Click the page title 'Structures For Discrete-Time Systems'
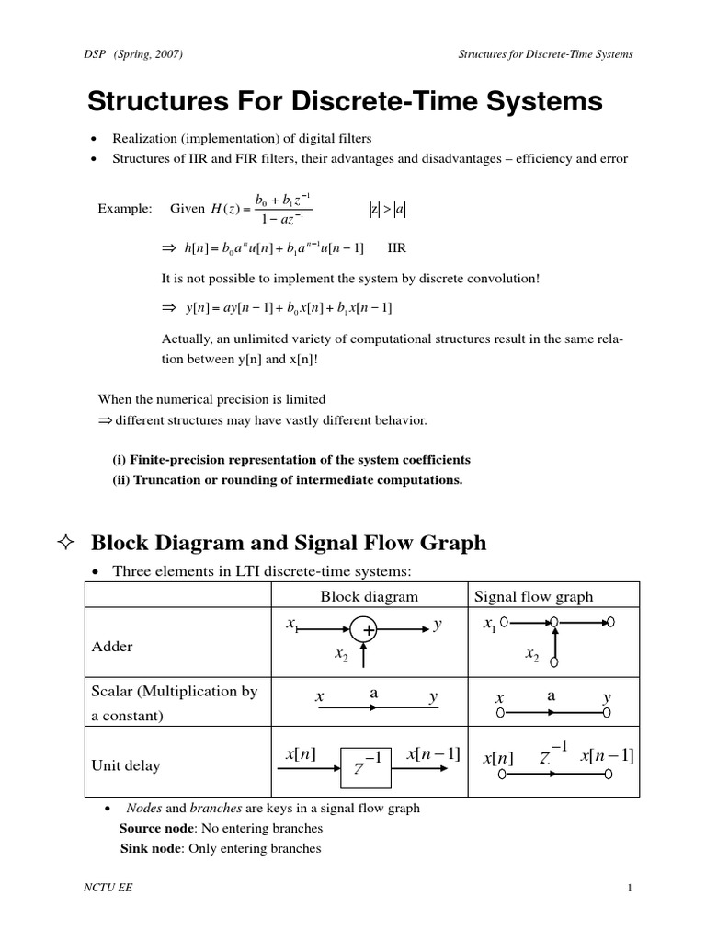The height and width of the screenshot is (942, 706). pyautogui.click(x=345, y=102)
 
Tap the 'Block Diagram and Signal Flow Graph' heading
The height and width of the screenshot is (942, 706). pyautogui.click(x=288, y=543)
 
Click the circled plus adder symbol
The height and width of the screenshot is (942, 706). pyautogui.click(x=365, y=630)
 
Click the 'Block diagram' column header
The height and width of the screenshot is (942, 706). pyautogui.click(x=369, y=596)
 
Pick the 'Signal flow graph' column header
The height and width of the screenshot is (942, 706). pyautogui.click(x=533, y=596)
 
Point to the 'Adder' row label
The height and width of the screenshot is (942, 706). pyautogui.click(x=112, y=646)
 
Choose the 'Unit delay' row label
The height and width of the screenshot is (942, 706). pyautogui.click(x=125, y=764)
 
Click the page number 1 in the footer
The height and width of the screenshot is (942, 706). pyautogui.click(x=630, y=888)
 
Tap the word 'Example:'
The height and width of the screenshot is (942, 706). pyautogui.click(x=124, y=209)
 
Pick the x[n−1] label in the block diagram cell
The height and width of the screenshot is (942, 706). pyautogui.click(x=431, y=754)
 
